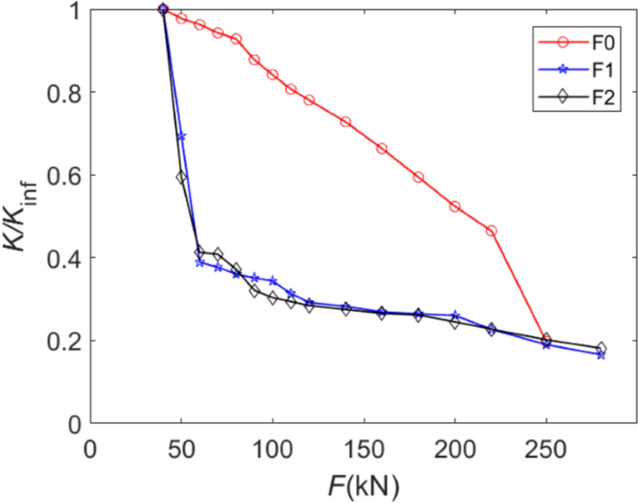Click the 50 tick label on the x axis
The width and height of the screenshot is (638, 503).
point(181,448)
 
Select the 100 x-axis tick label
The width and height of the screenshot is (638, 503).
point(272,448)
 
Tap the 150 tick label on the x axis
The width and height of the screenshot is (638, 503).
point(363,448)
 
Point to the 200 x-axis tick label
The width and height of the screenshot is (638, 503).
point(455,448)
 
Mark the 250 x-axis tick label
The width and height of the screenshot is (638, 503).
point(546,448)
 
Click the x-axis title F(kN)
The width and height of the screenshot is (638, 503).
point(354,484)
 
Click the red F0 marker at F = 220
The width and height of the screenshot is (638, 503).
point(492,230)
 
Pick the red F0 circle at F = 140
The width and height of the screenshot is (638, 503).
point(346,122)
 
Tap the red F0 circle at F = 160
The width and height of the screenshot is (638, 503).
point(382,149)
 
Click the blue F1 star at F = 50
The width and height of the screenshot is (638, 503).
point(181,137)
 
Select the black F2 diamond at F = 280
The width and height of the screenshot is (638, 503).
point(602,347)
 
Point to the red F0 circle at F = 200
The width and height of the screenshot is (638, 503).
point(455,206)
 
